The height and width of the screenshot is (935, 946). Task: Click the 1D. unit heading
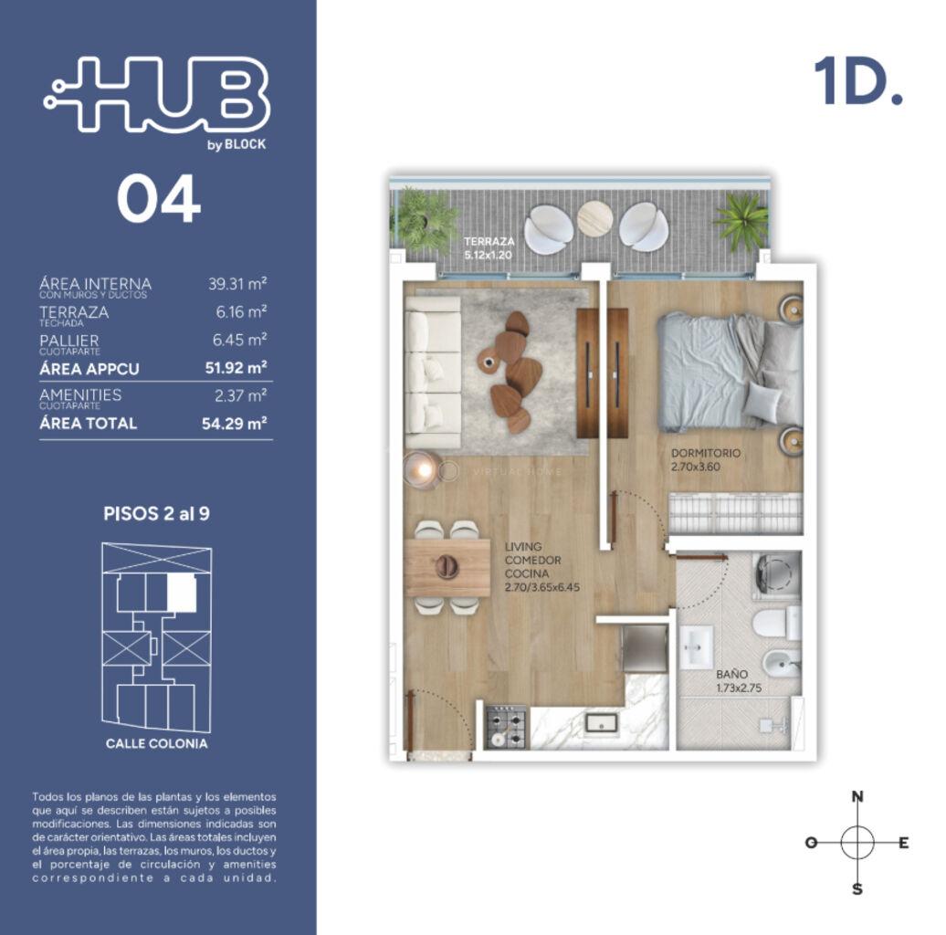pyautogui.click(x=858, y=82)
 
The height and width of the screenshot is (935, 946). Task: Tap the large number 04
pyautogui.click(x=159, y=198)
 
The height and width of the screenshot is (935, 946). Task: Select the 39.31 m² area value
pyautogui.click(x=237, y=284)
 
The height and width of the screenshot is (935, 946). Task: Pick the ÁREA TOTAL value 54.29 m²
pyautogui.click(x=234, y=423)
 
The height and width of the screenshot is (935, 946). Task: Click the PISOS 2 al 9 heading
pyautogui.click(x=156, y=514)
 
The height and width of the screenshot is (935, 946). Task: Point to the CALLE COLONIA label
pyautogui.click(x=156, y=744)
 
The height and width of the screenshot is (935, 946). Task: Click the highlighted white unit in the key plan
pyautogui.click(x=182, y=592)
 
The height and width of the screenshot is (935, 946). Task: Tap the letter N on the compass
pyautogui.click(x=857, y=796)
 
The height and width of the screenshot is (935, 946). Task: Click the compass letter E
pyautogui.click(x=903, y=843)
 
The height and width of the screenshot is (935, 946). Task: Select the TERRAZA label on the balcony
pyautogui.click(x=489, y=241)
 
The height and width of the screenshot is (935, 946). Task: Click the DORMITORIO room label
pyautogui.click(x=705, y=452)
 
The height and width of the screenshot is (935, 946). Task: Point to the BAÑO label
pyautogui.click(x=731, y=675)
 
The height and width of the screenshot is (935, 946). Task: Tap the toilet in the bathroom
pyautogui.click(x=775, y=623)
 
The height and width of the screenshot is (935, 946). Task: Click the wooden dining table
pyautogui.click(x=447, y=567)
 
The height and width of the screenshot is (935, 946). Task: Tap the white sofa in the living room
pyautogui.click(x=433, y=373)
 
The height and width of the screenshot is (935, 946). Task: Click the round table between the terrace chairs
pyautogui.click(x=594, y=219)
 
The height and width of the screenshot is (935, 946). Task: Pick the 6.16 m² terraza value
pyautogui.click(x=241, y=312)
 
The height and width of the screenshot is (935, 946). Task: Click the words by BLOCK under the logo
pyautogui.click(x=236, y=145)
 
